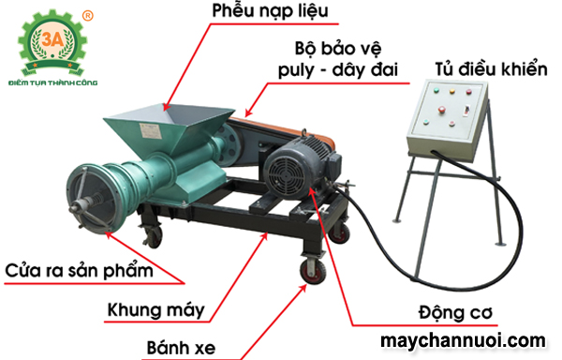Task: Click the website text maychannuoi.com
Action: point(463,338)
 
